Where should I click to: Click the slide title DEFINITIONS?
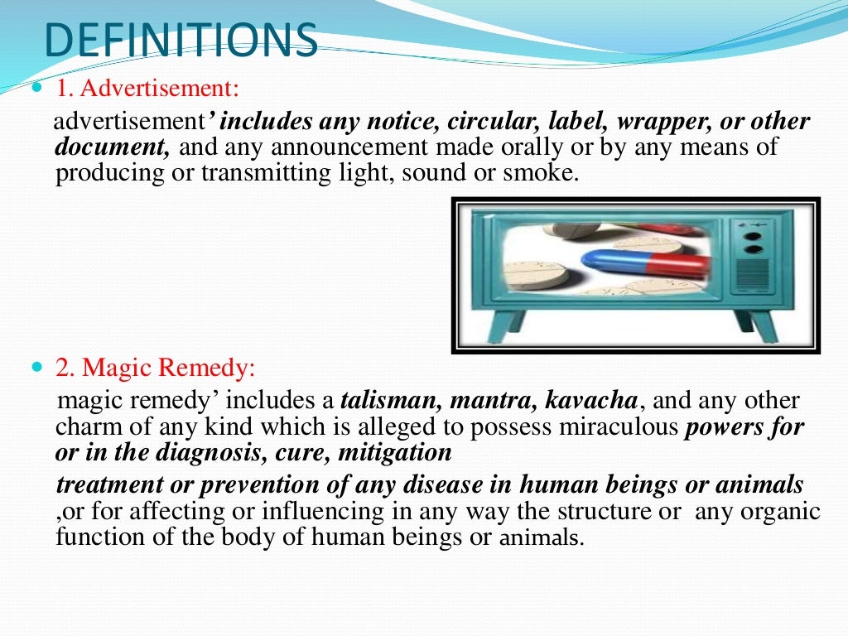point(180,41)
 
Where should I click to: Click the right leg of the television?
point(760,328)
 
